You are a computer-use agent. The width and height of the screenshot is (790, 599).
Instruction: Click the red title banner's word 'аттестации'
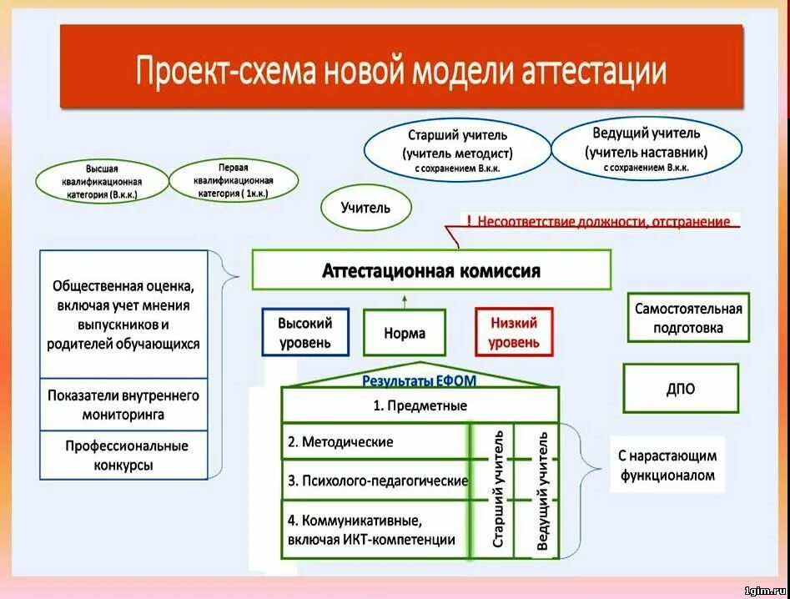pyautogui.click(x=594, y=70)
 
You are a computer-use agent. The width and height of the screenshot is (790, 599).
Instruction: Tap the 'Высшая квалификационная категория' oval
pyautogui.click(x=101, y=181)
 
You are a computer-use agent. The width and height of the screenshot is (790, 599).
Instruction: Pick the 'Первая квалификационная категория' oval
pyautogui.click(x=234, y=180)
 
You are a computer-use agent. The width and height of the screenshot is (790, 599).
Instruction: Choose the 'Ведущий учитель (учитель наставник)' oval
pyautogui.click(x=647, y=149)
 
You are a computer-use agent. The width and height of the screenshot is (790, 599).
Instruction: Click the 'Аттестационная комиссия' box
pyautogui.click(x=431, y=271)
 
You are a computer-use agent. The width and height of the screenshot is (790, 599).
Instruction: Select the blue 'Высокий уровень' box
pyautogui.click(x=304, y=332)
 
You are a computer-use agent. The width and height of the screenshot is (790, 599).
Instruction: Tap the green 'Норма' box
pyautogui.click(x=405, y=333)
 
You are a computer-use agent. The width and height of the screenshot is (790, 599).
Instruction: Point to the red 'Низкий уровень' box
pyautogui.click(x=514, y=332)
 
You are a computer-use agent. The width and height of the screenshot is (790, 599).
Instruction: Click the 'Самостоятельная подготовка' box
pyautogui.click(x=688, y=318)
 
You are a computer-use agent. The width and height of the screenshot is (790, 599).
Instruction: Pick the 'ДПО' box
pyautogui.click(x=681, y=389)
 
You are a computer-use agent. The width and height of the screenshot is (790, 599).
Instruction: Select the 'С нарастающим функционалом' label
pyautogui.click(x=667, y=466)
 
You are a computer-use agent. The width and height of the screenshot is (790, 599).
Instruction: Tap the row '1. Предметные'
pyautogui.click(x=420, y=405)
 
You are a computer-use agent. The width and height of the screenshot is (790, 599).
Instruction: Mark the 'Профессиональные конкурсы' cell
pyautogui.click(x=123, y=456)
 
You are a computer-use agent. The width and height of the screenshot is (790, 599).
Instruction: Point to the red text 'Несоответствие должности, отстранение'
pyautogui.click(x=604, y=222)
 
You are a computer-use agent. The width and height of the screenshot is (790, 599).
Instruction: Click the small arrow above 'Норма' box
pyautogui.click(x=405, y=298)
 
